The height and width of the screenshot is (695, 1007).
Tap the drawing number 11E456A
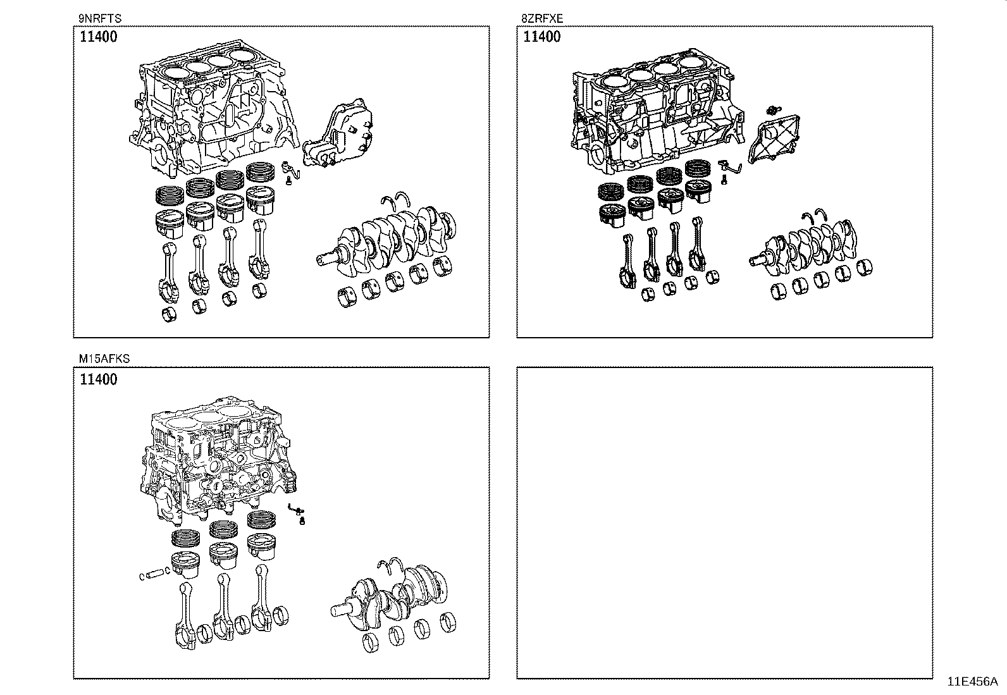(972, 681)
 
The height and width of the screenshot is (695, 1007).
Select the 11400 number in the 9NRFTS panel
(99, 37)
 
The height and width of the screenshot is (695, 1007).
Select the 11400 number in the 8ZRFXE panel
(541, 37)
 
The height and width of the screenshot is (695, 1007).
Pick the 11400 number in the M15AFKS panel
(99, 379)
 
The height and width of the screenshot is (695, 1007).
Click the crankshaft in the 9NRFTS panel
(392, 237)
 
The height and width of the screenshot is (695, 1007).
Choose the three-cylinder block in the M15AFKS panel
(215, 462)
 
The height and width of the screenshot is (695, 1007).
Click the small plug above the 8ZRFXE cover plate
(772, 111)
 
